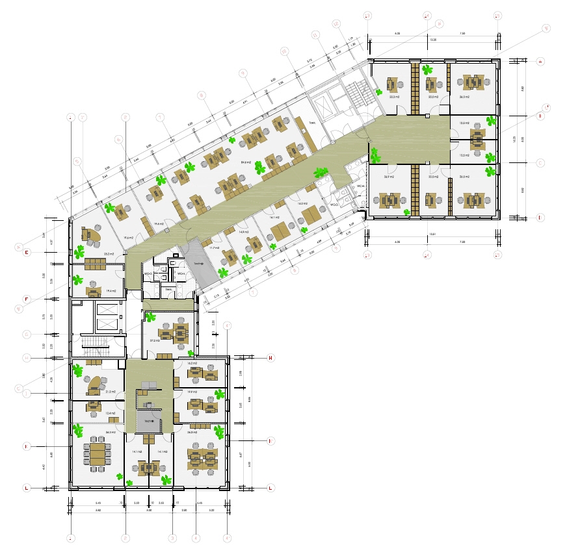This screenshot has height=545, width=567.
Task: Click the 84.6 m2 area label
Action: (246, 162)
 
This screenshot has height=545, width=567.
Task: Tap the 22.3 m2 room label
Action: (394, 96)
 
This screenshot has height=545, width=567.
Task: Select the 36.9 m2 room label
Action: (389, 177)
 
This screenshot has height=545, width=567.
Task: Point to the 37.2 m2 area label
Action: (155, 340)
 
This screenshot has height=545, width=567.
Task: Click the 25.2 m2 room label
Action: (109, 254)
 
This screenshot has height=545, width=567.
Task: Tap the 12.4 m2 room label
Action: (111, 413)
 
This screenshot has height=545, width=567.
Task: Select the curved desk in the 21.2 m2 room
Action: (96, 384)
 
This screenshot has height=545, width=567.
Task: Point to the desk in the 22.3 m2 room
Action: (391, 84)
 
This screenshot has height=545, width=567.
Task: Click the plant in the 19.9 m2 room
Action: (220, 394)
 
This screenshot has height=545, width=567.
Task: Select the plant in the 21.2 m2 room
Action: (79, 371)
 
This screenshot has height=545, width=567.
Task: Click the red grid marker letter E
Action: (27, 253)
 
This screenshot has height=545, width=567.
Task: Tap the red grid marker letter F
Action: (27, 299)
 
